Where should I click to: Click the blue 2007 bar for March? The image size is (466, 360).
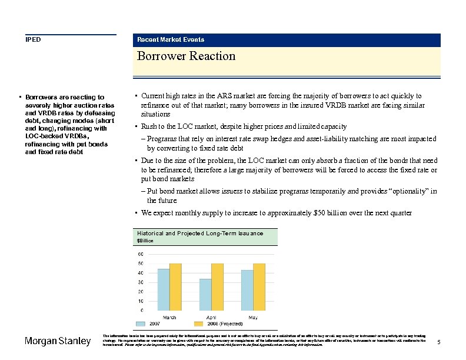[x=163, y=289]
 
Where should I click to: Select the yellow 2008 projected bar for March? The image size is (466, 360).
[x=175, y=286]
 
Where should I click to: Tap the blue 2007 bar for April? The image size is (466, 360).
[x=205, y=294]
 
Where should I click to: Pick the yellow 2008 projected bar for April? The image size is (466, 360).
[x=217, y=286]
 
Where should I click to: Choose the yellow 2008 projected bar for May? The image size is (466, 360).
[x=259, y=286]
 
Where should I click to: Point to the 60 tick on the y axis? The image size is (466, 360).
[x=141, y=254]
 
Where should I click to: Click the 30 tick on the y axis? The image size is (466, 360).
[x=141, y=282]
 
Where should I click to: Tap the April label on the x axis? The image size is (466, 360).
[x=211, y=318]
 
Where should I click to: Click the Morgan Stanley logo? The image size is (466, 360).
[x=57, y=341]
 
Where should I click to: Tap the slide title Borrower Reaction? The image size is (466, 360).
[x=186, y=56]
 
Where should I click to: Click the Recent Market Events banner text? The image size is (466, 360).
[x=171, y=39]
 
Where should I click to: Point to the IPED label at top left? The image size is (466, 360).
[x=33, y=39]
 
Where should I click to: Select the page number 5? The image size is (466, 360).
[x=440, y=342]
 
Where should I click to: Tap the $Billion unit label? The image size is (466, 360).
[x=145, y=241]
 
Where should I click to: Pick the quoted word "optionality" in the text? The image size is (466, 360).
[x=408, y=191]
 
